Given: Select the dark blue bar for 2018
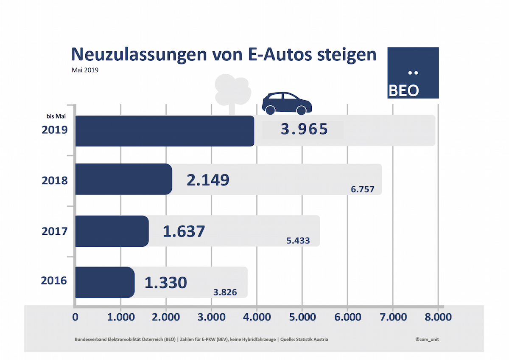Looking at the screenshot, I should click(x=123, y=179).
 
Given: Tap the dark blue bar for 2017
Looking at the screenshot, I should click(x=112, y=231).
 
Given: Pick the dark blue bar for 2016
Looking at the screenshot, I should click(x=105, y=282).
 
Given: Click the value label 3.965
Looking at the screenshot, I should click(x=304, y=129).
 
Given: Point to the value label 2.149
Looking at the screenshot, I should click(x=208, y=180).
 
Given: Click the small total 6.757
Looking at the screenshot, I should click(x=362, y=189).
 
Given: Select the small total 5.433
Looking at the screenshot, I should click(x=298, y=241).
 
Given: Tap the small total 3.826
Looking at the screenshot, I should click(x=225, y=292).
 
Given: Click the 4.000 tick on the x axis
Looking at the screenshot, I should click(x=256, y=317).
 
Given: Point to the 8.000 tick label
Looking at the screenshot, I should click(x=438, y=317).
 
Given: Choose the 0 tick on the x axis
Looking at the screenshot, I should click(x=76, y=317).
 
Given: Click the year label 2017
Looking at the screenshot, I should click(x=54, y=231).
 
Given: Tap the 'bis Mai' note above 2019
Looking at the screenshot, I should click(x=56, y=116).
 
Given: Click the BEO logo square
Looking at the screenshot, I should click(x=413, y=73).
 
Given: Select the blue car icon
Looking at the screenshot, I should click(x=287, y=103).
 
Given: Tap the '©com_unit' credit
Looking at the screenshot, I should click(x=428, y=339).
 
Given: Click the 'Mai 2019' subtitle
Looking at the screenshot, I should click(x=85, y=70).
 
